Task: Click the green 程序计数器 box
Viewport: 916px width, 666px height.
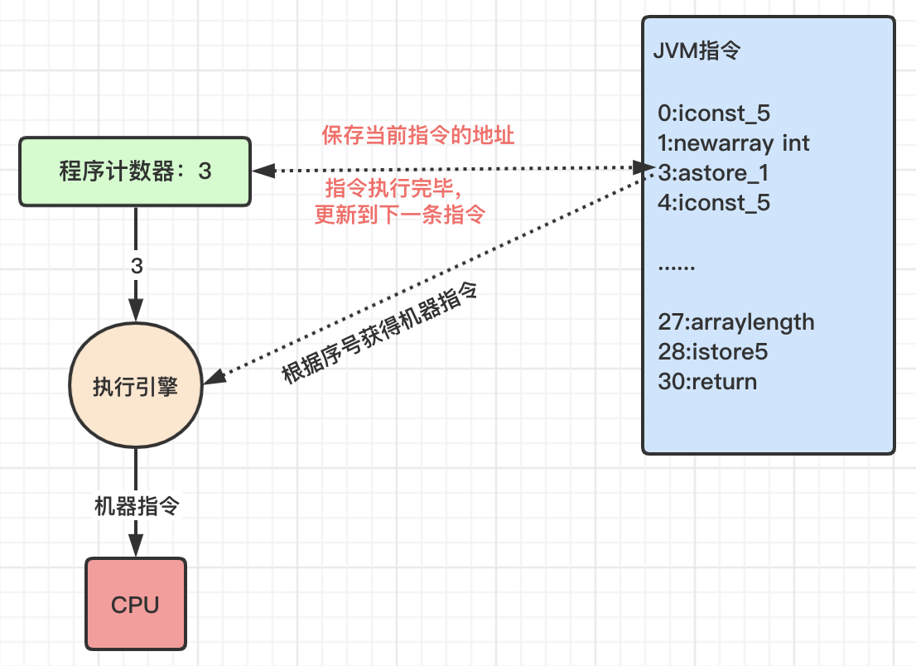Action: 135,171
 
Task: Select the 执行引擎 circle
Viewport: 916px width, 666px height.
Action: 136,385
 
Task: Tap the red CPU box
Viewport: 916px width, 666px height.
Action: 136,604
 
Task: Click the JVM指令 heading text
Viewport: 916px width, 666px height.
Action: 697,51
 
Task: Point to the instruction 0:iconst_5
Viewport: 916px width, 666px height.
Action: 714,113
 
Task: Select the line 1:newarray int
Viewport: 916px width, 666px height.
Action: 734,143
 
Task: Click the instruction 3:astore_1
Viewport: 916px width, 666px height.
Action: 713,173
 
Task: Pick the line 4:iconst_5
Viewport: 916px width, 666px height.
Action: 714,203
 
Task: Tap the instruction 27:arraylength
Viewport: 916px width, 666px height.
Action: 736,322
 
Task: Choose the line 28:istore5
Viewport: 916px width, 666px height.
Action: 713,352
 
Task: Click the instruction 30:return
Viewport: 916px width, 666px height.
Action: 707,382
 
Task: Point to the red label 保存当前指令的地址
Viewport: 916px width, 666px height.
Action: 417,135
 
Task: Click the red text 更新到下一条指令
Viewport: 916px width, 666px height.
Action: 400,215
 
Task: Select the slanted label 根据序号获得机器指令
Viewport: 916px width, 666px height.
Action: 379,333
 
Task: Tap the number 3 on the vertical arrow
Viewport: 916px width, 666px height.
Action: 136,267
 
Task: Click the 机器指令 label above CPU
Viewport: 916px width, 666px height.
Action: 137,506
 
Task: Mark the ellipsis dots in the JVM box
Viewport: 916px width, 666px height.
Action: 677,268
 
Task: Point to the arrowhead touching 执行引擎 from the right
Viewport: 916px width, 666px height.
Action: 215,376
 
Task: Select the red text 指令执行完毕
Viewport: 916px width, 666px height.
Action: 393,188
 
